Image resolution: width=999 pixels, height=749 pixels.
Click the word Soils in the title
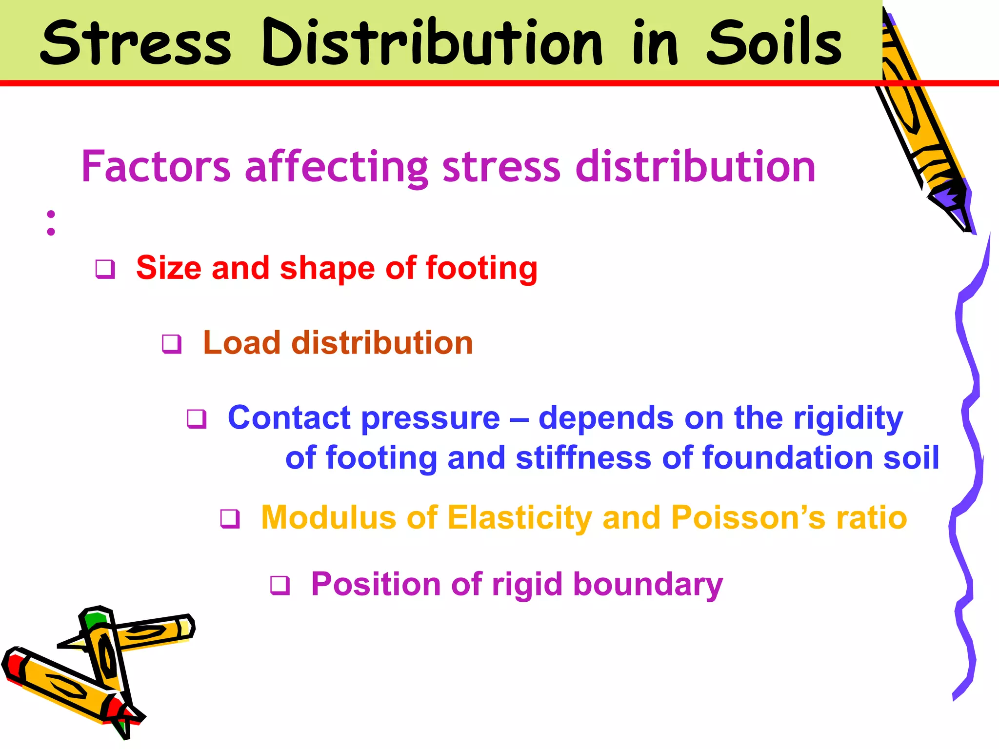tap(774, 42)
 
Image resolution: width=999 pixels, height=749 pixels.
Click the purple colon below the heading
tap(51, 223)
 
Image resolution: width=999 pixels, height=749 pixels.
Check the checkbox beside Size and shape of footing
tap(105, 269)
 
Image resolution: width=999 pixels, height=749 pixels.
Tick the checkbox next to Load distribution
tap(172, 344)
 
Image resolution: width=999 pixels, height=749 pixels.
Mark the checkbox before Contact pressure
tap(197, 419)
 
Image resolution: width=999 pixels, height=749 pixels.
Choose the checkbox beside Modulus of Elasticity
tap(230, 518)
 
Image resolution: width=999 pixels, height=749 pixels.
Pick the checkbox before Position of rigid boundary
tap(280, 585)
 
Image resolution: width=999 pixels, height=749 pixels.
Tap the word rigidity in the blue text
tap(848, 418)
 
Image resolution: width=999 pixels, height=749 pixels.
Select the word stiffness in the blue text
tap(583, 458)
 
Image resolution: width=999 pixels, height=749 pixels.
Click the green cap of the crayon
tap(94, 620)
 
